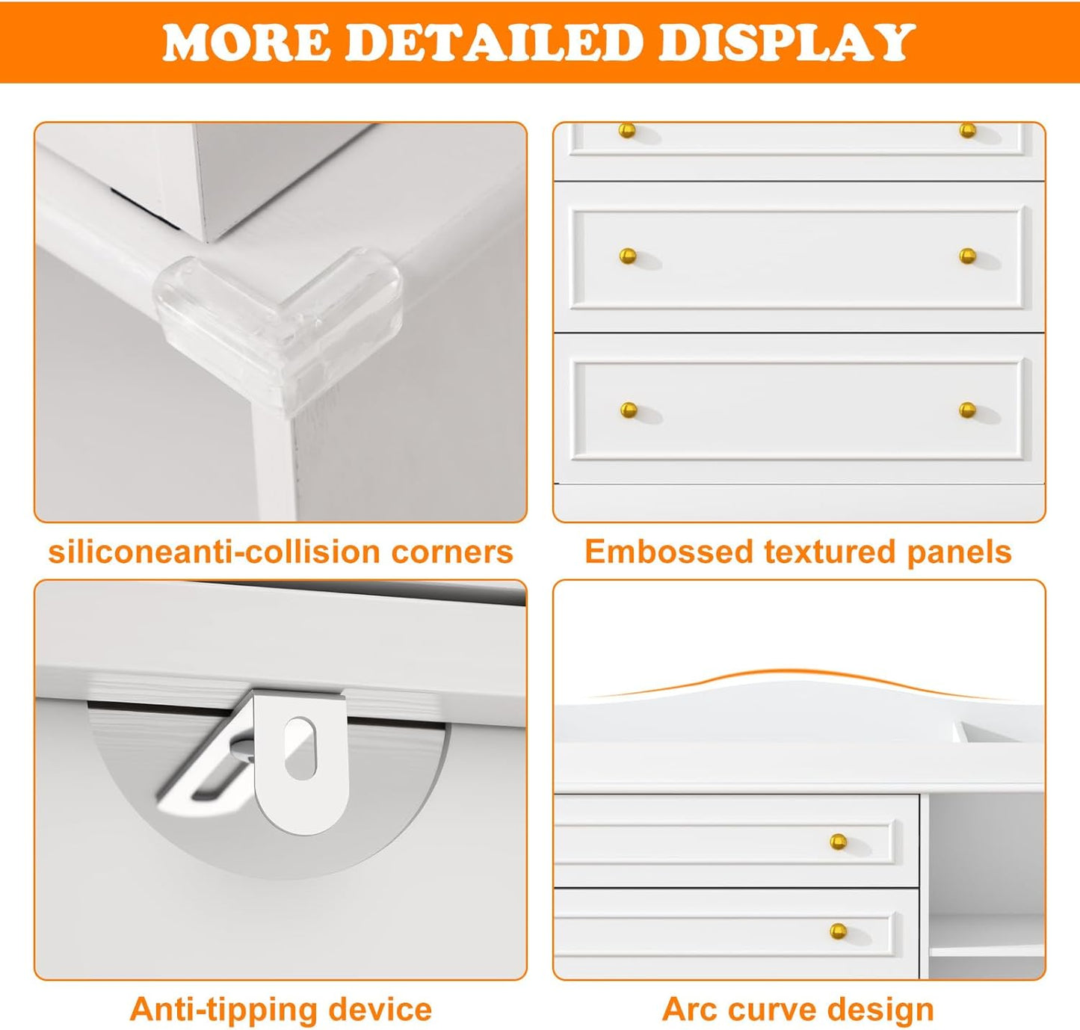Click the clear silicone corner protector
279,321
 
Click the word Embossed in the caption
668,552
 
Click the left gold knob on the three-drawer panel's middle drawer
628,256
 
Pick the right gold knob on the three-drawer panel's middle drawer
967,256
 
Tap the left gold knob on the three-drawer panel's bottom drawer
629,410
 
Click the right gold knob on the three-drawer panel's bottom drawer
967,410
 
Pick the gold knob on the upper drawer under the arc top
838,842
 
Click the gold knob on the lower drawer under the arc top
838,931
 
